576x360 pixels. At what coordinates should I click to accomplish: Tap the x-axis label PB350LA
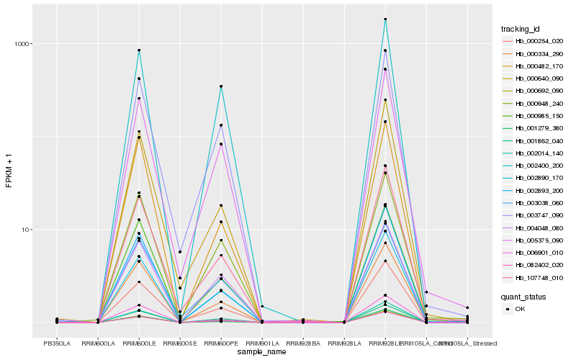(x=57, y=343)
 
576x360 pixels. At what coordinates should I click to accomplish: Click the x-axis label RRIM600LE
(x=139, y=343)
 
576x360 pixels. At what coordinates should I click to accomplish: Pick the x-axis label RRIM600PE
(x=221, y=343)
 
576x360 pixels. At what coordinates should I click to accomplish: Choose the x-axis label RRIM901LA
(x=262, y=343)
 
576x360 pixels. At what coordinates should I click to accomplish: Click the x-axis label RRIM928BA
(x=303, y=343)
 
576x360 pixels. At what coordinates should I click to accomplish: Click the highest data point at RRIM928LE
(x=385, y=19)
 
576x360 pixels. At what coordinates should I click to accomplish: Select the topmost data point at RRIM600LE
(x=139, y=50)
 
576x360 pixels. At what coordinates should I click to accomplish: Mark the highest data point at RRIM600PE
(x=221, y=86)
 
